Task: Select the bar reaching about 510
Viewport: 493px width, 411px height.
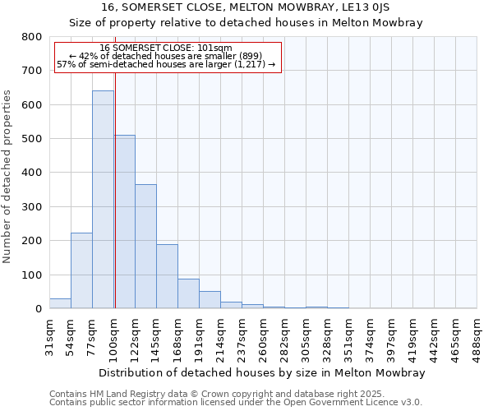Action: pyautogui.click(x=125, y=222)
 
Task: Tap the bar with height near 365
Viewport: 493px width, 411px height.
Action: pyautogui.click(x=145, y=247)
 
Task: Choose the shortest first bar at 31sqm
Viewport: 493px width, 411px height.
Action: pyautogui.click(x=60, y=303)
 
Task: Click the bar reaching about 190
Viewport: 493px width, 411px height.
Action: pyautogui.click(x=167, y=276)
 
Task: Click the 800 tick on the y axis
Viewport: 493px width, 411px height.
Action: pyautogui.click(x=32, y=37)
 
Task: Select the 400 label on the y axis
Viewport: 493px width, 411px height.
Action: pyautogui.click(x=32, y=173)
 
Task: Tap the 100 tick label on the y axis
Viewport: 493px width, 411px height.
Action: pyautogui.click(x=32, y=275)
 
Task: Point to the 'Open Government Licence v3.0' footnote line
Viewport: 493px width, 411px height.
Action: pyautogui.click(x=236, y=403)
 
